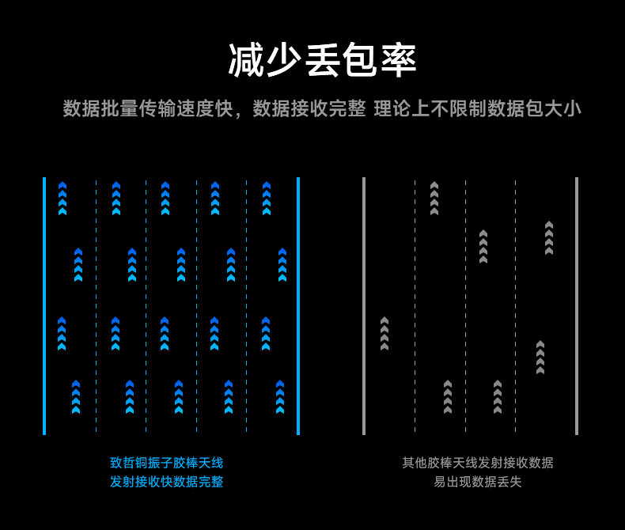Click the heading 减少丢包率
click(x=322, y=60)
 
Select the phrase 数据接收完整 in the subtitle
click(x=309, y=109)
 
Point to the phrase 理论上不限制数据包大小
click(x=477, y=109)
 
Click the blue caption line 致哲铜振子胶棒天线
click(x=167, y=463)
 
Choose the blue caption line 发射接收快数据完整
click(x=167, y=482)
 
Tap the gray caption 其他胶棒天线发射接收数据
click(x=478, y=463)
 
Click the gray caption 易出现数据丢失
click(x=478, y=482)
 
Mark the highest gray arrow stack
click(x=434, y=198)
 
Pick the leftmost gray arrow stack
click(x=384, y=333)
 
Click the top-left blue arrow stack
click(x=62, y=198)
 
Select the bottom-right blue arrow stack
click(x=280, y=397)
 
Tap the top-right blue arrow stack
click(x=267, y=198)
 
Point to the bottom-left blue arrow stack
click(x=76, y=397)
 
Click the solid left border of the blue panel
click(x=44, y=305)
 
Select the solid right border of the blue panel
click(x=298, y=305)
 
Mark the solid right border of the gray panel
click(x=577, y=305)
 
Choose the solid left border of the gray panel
click(x=364, y=305)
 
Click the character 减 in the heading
click(x=246, y=60)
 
